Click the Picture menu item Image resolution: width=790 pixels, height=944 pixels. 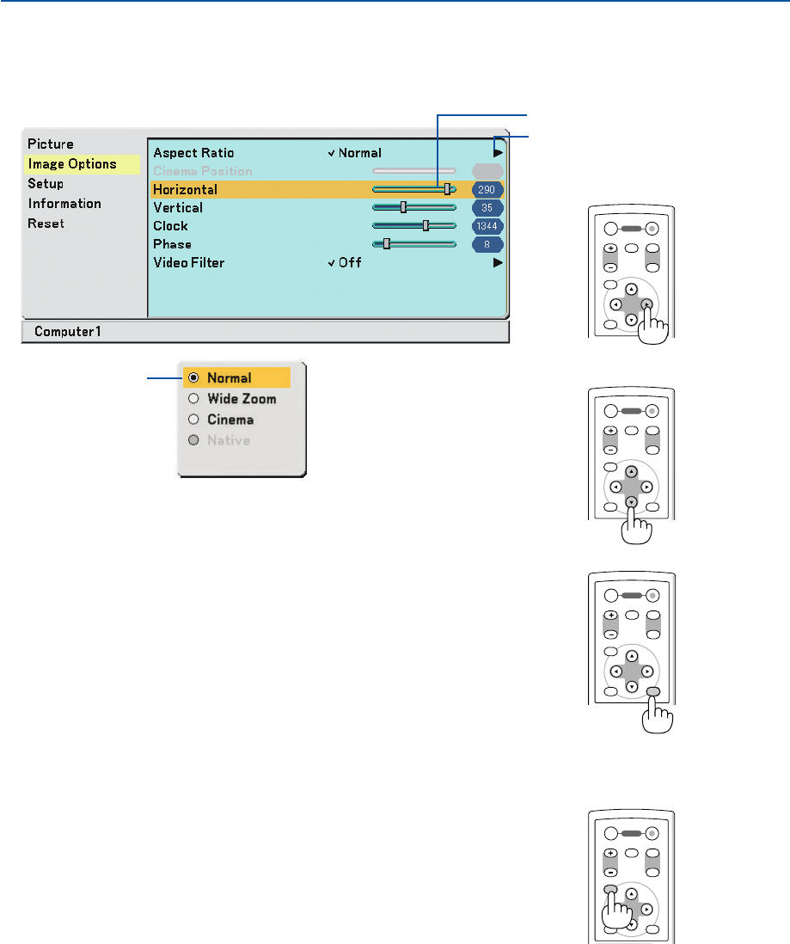point(51,144)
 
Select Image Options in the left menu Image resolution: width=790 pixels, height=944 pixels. point(72,163)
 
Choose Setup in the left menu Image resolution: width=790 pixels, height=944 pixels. point(46,183)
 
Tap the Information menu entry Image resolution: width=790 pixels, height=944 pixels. point(64,203)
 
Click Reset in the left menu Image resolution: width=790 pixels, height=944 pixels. point(46,224)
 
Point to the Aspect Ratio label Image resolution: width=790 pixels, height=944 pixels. point(193,153)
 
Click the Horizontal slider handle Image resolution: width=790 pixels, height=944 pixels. point(447,189)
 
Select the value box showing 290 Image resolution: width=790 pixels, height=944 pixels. point(488,189)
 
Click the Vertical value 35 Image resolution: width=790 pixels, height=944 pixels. point(488,207)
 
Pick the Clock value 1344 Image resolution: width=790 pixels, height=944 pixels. point(488,225)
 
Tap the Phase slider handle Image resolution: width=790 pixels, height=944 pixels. point(387,243)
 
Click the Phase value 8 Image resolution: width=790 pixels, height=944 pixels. point(488,244)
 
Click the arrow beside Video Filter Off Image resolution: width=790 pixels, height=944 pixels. point(498,262)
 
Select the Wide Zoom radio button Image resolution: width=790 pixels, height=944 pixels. point(193,399)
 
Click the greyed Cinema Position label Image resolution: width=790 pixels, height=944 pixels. point(203,171)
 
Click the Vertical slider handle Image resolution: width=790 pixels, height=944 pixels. point(403,207)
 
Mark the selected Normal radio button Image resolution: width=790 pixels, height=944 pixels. point(193,377)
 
